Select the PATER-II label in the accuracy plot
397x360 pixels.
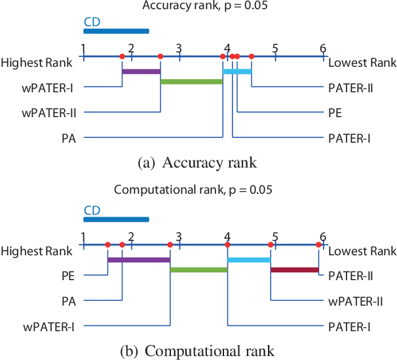click(350, 88)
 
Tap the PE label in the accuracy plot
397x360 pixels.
click(335, 113)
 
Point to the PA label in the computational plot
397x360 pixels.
click(68, 300)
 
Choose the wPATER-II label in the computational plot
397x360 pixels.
click(355, 300)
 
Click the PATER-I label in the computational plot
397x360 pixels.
click(349, 325)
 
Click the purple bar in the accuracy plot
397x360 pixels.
click(141, 71)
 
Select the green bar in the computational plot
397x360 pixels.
click(198, 269)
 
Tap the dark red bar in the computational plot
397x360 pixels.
click(294, 269)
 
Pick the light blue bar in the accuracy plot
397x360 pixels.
click(237, 71)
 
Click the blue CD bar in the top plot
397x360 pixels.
click(116, 31)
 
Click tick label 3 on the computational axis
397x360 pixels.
click(179, 236)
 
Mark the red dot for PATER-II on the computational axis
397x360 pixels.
click(318, 245)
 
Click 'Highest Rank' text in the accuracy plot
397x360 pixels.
click(37, 63)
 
